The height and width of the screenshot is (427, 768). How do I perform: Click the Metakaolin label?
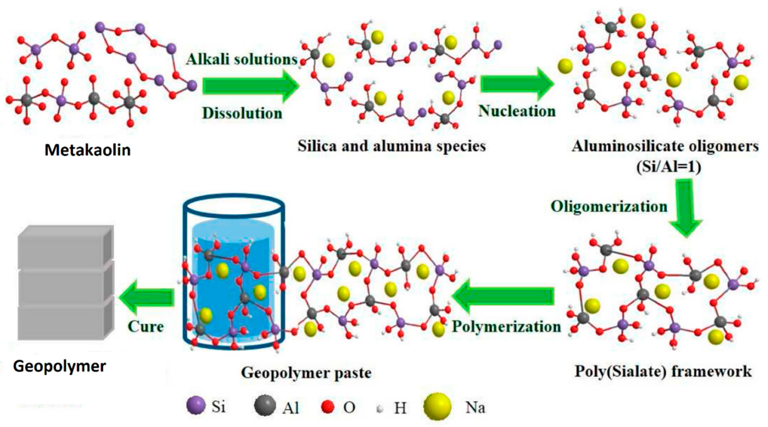(x=87, y=150)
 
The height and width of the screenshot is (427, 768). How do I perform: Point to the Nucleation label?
(x=517, y=111)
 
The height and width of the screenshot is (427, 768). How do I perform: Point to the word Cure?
(x=146, y=326)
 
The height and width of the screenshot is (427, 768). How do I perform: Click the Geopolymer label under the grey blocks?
(x=60, y=366)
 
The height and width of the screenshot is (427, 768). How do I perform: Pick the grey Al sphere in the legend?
(x=264, y=405)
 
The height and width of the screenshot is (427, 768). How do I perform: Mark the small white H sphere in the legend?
(x=380, y=409)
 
